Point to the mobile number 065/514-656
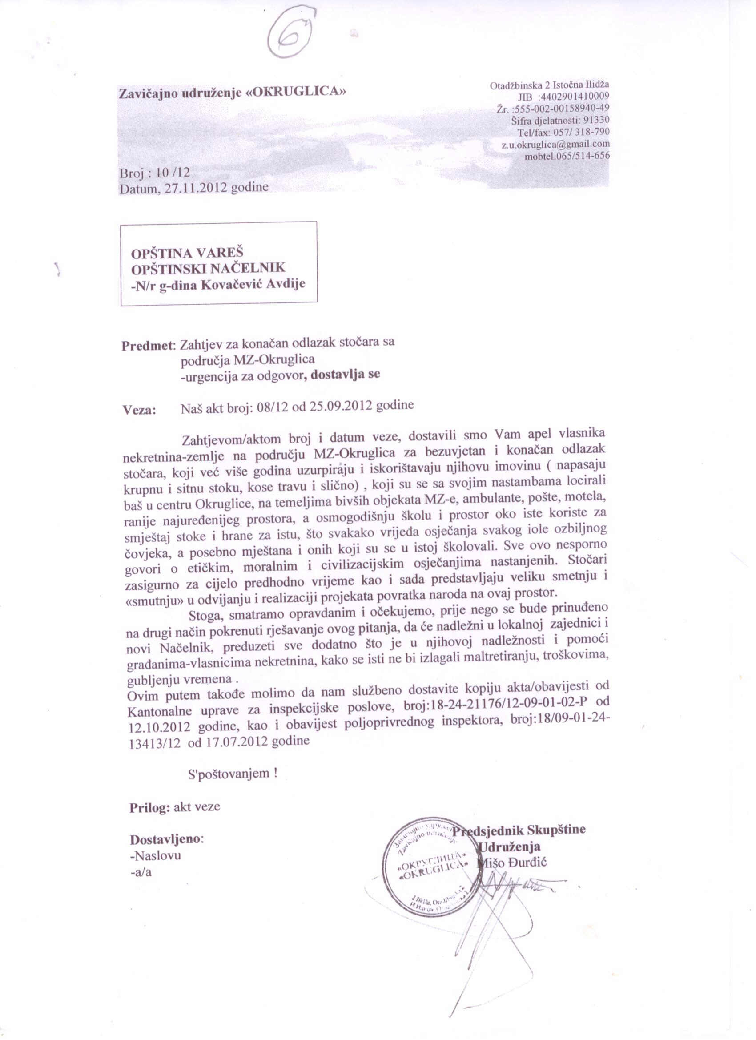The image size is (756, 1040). pyautogui.click(x=583, y=156)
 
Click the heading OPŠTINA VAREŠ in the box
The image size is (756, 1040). pyautogui.click(x=187, y=253)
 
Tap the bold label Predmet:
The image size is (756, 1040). pyautogui.click(x=149, y=345)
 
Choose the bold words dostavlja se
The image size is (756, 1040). pyautogui.click(x=345, y=374)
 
